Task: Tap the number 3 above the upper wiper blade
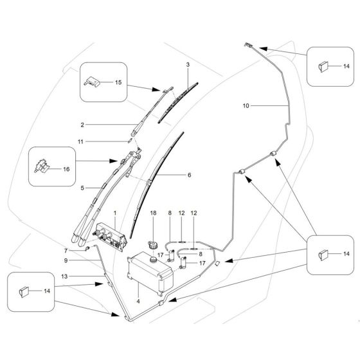coord(188,66)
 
